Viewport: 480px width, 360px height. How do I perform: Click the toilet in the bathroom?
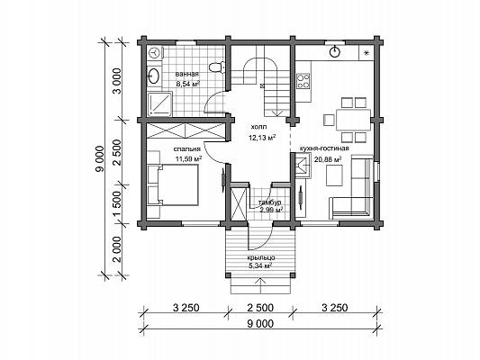(x=217, y=67)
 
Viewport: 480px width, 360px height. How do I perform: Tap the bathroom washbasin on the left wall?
(x=153, y=76)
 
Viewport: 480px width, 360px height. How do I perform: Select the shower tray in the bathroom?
(x=159, y=104)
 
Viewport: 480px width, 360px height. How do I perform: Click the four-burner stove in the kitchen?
(x=303, y=81)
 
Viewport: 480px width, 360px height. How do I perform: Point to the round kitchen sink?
(x=334, y=51)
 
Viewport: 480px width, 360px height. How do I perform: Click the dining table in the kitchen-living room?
(x=353, y=120)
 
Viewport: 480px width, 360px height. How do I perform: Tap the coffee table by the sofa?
(x=334, y=175)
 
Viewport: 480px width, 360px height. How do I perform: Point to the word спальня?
(x=186, y=149)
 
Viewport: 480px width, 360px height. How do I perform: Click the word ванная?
(x=187, y=74)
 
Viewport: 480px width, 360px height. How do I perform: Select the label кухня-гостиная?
(x=324, y=148)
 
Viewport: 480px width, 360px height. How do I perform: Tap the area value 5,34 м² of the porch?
(x=260, y=265)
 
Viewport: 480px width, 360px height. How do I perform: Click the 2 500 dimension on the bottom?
(x=260, y=308)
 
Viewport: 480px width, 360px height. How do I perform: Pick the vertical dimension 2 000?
(x=117, y=249)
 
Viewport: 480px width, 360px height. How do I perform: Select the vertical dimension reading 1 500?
(x=117, y=204)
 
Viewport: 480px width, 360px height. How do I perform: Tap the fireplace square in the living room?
(x=303, y=166)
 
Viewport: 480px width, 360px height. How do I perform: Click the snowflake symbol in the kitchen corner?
(x=366, y=53)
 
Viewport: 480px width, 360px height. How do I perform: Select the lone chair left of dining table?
(x=329, y=120)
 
